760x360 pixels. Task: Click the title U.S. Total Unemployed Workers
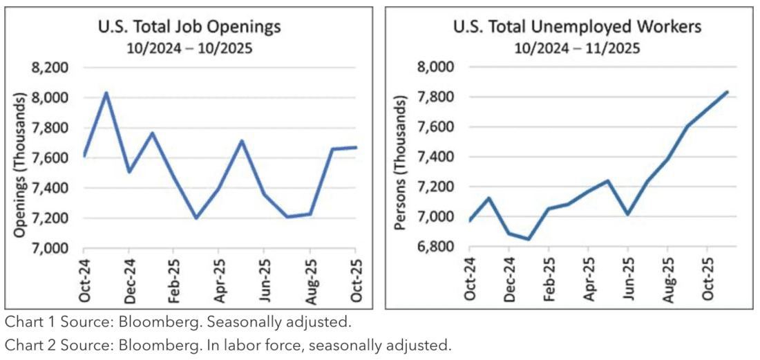point(578,28)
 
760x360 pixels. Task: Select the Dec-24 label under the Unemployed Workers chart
point(510,280)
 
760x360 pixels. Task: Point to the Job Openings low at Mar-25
point(196,218)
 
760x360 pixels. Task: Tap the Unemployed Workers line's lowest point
point(529,239)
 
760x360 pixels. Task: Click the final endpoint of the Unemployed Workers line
point(727,91)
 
